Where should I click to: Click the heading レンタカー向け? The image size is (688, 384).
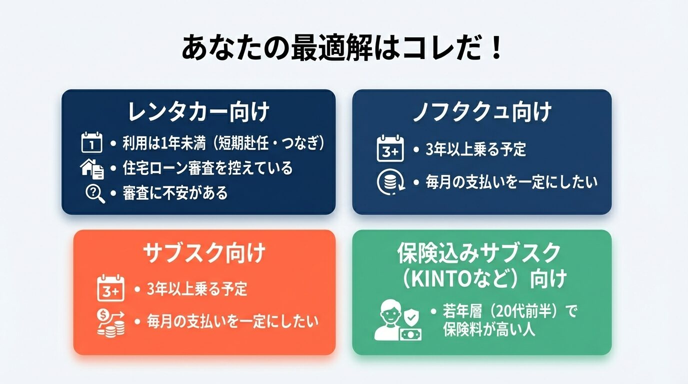point(198,112)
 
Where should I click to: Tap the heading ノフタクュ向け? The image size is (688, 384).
point(482,112)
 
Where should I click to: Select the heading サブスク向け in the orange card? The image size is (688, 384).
point(204,254)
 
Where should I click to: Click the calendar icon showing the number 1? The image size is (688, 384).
point(91,142)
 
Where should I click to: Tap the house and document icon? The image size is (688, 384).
point(92,168)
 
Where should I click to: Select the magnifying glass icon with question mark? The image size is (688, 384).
point(95,193)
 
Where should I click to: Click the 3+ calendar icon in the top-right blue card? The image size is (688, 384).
point(390,148)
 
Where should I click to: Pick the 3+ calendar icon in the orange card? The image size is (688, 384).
point(110,288)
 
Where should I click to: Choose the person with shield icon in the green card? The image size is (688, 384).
point(397,320)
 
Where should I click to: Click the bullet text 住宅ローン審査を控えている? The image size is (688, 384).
point(207,168)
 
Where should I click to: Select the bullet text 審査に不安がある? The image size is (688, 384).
point(175,193)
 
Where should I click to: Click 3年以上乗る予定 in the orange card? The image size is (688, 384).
point(197,289)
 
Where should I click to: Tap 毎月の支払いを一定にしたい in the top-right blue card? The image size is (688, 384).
point(511,182)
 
